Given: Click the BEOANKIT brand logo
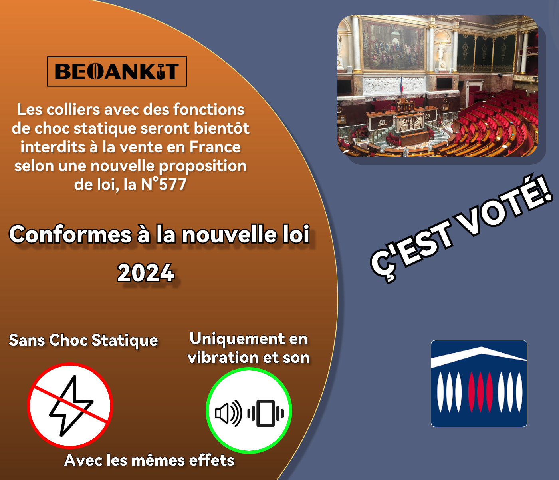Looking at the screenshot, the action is [117, 72].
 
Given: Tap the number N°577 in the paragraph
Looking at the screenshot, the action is [164, 184].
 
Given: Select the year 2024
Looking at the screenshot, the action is [146, 273].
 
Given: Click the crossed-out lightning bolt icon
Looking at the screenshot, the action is [70, 405].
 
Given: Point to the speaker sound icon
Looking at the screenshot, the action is [228, 413].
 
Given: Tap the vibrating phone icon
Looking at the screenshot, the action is [266, 413].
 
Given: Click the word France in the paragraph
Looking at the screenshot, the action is [215, 147].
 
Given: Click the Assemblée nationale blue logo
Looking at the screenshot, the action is [479, 384].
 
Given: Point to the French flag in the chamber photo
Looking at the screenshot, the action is [402, 84].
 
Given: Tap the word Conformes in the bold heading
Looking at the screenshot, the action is [71, 234].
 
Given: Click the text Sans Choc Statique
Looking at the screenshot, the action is [83, 340].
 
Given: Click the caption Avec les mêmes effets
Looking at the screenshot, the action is [149, 460].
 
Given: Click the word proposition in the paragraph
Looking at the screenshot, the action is [202, 166].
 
